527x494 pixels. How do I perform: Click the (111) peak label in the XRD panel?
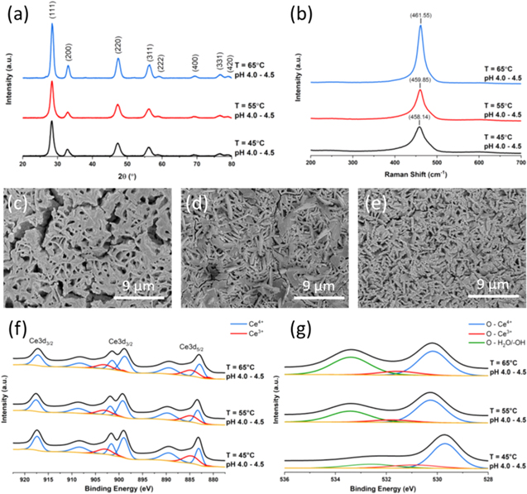(52, 12)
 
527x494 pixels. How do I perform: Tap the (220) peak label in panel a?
(117, 46)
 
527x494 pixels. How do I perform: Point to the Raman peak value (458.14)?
(419, 118)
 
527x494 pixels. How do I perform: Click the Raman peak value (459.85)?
(419, 80)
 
